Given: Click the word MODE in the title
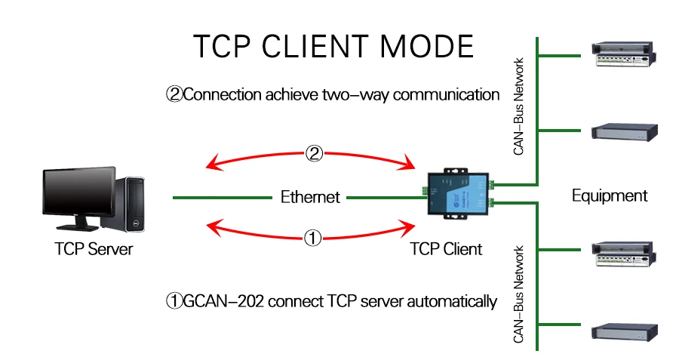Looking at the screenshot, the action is pos(426,46).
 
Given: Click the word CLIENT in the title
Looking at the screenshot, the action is pos(315,46).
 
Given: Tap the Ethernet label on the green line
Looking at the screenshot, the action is pos(310,197).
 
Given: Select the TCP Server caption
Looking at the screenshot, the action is pos(94,249).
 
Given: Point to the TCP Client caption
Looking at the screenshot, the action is pos(446,249).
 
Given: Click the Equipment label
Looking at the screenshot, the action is pos(610,195).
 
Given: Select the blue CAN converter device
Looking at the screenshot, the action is pos(458,194).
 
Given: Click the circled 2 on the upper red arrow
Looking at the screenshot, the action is pos(315,153).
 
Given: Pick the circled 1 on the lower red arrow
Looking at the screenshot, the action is pos(312,238).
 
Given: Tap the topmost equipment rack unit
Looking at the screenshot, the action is pos(624,54).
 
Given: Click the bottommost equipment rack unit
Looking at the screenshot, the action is pos(625,332).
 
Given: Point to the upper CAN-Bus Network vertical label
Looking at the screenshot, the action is pos(518,106).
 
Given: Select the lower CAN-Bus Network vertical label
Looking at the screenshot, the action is pos(518,294).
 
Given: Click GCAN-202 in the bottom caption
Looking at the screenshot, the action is pos(223,302).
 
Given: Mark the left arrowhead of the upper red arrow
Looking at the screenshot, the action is pos(214,163).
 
